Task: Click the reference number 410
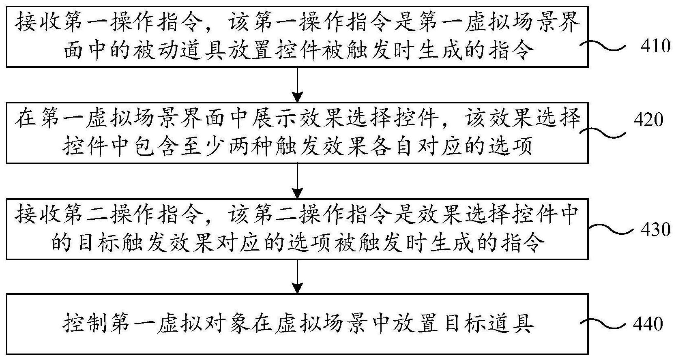pyautogui.click(x=655, y=46)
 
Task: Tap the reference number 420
pyautogui.click(x=648, y=120)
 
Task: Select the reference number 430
pyautogui.click(x=655, y=229)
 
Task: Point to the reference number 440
pyautogui.click(x=648, y=324)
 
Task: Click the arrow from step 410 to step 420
pyautogui.click(x=298, y=85)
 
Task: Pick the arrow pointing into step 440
pyautogui.click(x=298, y=276)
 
